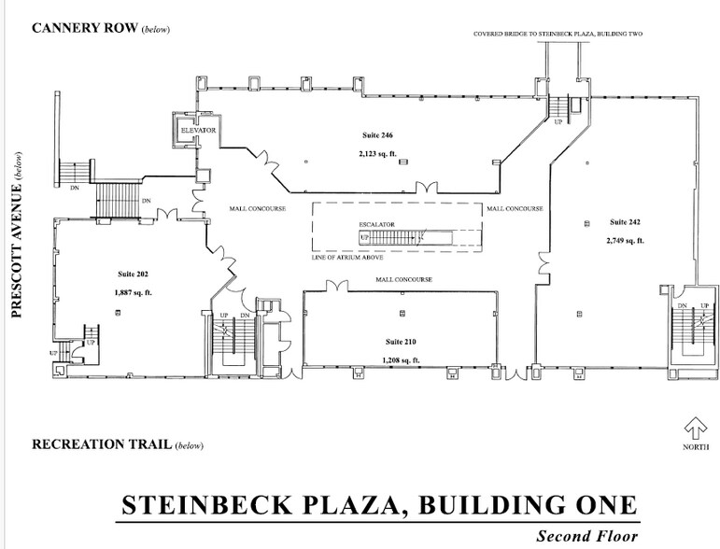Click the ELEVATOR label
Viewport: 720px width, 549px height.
click(x=198, y=131)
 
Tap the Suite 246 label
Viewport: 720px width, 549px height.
click(x=377, y=135)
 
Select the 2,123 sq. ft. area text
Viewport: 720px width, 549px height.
click(x=377, y=154)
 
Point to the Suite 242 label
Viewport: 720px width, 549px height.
click(x=625, y=222)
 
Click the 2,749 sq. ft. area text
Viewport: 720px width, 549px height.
click(x=625, y=241)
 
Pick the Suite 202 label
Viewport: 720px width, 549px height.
click(x=133, y=274)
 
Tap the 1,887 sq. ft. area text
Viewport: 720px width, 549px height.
click(x=133, y=293)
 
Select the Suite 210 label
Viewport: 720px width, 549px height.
click(x=401, y=342)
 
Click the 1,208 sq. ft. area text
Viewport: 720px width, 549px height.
click(x=401, y=360)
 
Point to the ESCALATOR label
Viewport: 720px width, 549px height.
click(x=376, y=224)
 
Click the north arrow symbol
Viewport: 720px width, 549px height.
click(x=695, y=429)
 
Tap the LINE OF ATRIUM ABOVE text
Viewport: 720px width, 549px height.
click(x=347, y=258)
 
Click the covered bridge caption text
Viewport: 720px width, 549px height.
click(x=558, y=34)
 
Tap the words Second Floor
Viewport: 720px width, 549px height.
click(x=587, y=536)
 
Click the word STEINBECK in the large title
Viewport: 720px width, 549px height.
click(x=206, y=505)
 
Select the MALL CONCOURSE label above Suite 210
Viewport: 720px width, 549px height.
click(x=404, y=279)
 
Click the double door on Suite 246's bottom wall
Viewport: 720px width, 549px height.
click(x=427, y=189)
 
